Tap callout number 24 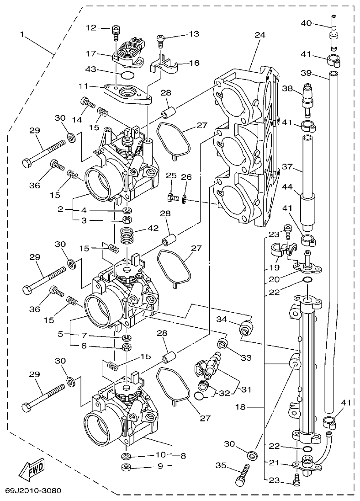point(259,35)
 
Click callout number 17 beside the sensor point(90,53)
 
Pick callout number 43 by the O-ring point(90,69)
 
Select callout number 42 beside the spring point(153,229)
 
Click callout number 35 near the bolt point(221,466)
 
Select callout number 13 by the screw point(194,34)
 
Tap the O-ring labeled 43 point(127,75)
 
